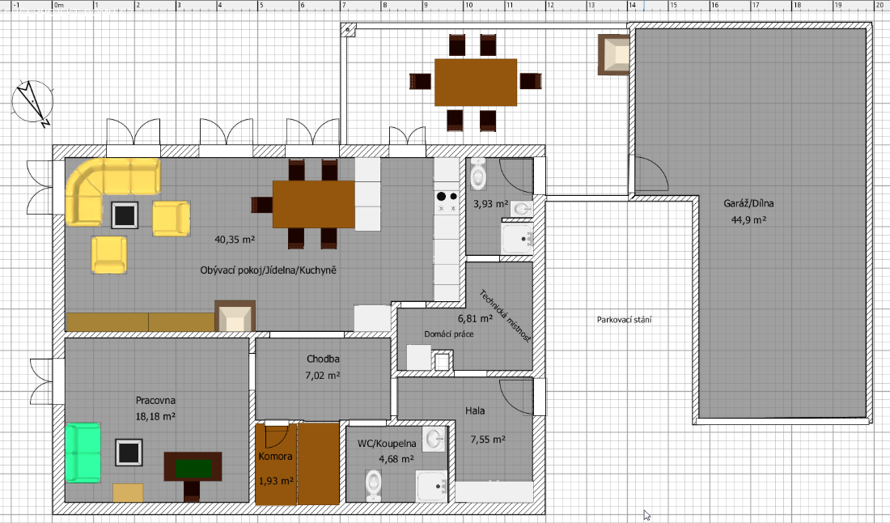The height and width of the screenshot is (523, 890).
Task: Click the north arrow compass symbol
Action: (x=32, y=103)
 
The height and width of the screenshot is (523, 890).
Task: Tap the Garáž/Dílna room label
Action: (x=748, y=203)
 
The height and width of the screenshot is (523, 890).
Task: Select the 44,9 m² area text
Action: (x=748, y=219)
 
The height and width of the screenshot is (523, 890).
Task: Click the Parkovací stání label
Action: (x=624, y=320)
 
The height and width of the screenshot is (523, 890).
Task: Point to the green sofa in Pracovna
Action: (x=83, y=453)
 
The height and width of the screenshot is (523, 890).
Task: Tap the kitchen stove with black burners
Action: (x=447, y=202)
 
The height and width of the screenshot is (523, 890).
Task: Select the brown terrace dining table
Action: (x=476, y=83)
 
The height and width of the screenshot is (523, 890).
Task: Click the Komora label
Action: (x=275, y=456)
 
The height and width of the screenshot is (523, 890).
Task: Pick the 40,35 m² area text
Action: (x=235, y=240)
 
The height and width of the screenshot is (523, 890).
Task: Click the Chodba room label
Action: (x=323, y=359)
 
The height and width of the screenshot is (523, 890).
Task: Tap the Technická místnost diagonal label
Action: (x=505, y=316)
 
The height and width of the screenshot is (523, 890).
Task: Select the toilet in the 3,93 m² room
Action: (x=478, y=174)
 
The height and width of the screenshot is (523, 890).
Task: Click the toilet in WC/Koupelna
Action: (x=373, y=485)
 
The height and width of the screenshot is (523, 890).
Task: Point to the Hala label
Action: (x=475, y=410)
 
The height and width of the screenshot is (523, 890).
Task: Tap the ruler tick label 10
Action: (x=469, y=5)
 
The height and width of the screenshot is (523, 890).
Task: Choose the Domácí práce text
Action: (x=448, y=334)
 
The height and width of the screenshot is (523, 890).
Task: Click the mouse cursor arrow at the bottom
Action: (x=646, y=515)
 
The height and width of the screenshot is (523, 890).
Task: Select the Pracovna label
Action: (x=155, y=400)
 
